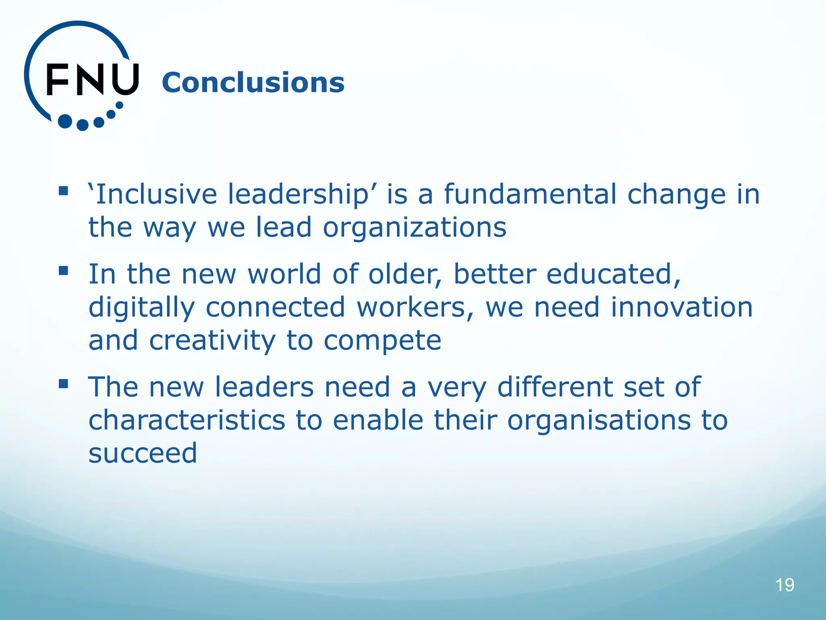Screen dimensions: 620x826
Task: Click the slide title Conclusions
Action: (253, 82)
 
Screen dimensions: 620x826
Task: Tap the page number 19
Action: (784, 585)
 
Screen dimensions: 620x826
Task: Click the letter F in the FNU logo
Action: (57, 80)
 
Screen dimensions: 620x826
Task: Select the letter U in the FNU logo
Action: (125, 80)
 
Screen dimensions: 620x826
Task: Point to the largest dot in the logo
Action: (65, 121)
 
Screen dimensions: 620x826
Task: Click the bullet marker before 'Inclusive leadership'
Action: (63, 191)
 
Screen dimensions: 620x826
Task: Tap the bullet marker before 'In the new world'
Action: (63, 270)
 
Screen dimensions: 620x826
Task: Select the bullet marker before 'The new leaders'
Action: (63, 383)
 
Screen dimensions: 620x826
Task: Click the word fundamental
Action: (530, 194)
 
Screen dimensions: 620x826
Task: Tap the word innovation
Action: (681, 308)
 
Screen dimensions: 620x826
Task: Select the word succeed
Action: (143, 453)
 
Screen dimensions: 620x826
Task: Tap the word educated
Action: (613, 274)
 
